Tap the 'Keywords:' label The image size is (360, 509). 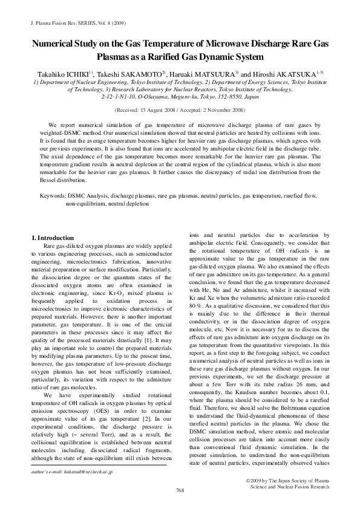(x=53, y=196)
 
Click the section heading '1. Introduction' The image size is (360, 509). (x=51, y=238)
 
